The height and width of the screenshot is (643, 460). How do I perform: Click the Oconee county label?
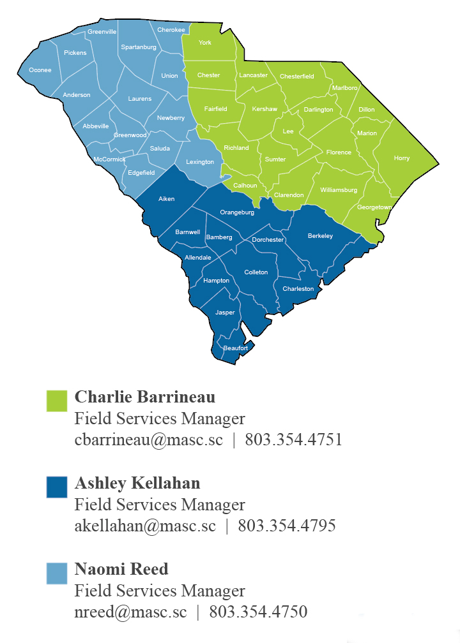tap(40, 70)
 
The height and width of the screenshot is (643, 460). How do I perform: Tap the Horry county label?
tap(402, 158)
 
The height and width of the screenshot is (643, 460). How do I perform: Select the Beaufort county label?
tap(236, 348)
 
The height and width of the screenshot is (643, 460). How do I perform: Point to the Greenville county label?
tap(102, 31)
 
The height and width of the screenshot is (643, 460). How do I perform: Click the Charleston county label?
tap(298, 289)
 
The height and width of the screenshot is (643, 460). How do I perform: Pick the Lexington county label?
tap(200, 162)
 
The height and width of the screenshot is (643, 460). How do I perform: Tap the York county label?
tap(205, 43)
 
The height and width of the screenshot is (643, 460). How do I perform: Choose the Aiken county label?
tap(167, 199)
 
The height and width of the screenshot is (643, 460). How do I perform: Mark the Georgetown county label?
tap(374, 207)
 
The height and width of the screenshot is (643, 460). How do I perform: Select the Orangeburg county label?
tap(237, 212)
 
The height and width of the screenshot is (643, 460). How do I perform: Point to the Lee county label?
tap(288, 131)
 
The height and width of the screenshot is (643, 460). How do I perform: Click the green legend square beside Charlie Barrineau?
tap(57, 401)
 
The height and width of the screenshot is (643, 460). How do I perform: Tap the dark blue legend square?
tap(57, 487)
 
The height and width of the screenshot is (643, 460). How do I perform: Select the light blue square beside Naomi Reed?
tap(57, 573)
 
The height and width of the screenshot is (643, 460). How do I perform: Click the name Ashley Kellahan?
tap(137, 483)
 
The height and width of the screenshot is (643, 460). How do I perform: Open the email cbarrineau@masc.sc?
tap(149, 440)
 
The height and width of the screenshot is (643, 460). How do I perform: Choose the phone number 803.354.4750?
tap(258, 612)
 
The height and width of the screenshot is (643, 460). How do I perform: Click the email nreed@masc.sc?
tap(131, 612)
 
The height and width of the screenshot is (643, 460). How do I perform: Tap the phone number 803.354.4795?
tap(287, 526)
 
